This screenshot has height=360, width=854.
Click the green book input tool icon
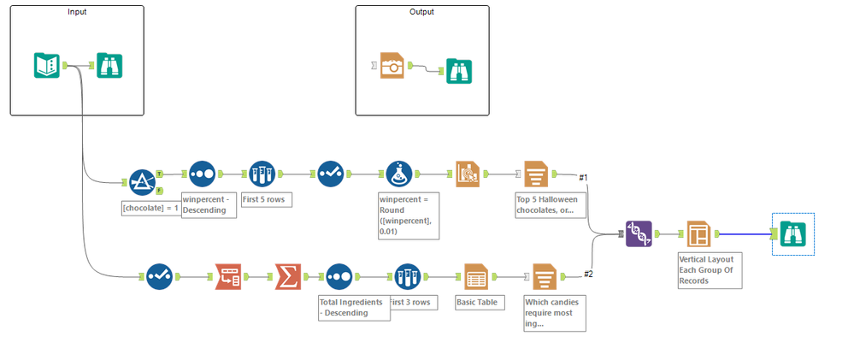46,66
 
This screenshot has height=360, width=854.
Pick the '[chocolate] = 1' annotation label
150,208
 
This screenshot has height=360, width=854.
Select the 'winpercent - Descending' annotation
209,206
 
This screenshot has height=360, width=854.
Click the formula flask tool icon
399,174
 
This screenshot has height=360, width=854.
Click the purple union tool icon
638,233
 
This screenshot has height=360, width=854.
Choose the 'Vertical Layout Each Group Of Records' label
705,269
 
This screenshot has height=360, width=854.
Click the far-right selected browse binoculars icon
792,233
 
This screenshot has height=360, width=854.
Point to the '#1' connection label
583,178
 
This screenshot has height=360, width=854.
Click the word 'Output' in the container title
421,12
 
